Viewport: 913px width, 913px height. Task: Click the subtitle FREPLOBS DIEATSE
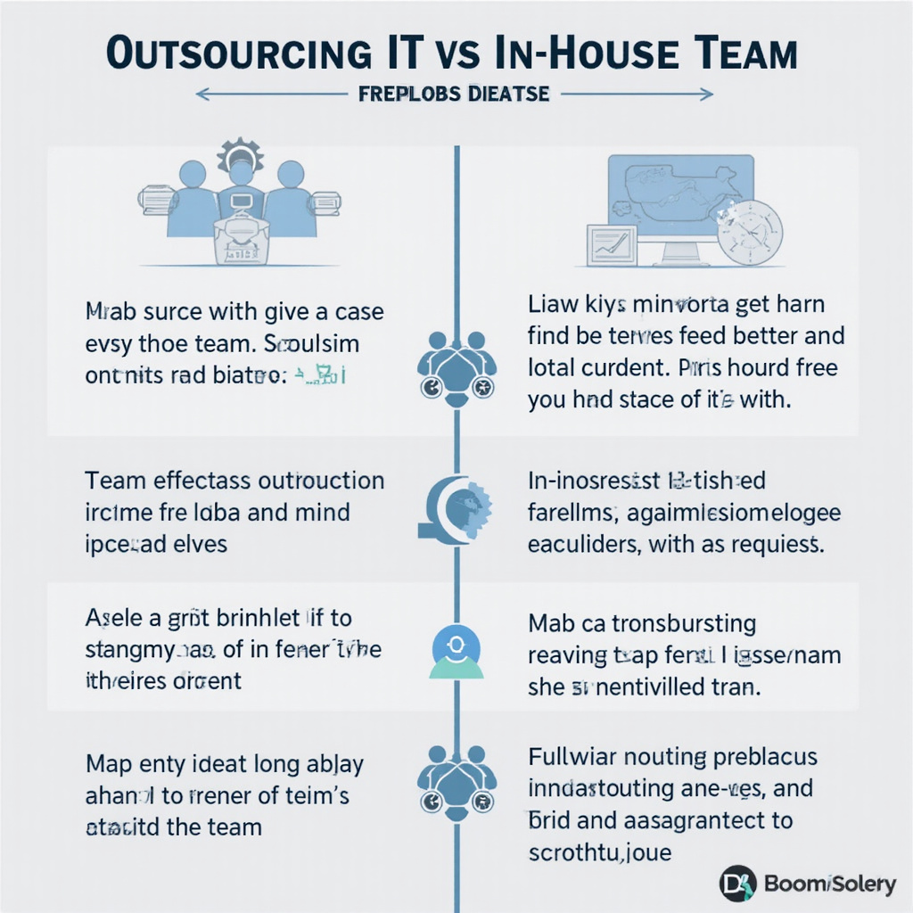[x=454, y=93]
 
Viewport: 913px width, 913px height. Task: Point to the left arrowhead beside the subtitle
[x=201, y=93]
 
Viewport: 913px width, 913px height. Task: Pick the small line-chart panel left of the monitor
[x=611, y=246]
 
